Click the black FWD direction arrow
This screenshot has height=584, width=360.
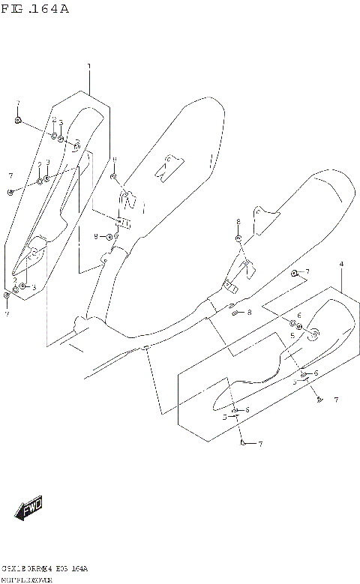(x=29, y=511)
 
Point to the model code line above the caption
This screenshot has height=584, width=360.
(x=45, y=569)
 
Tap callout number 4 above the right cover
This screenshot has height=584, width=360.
(x=340, y=265)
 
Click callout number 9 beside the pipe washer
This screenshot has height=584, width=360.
(x=96, y=236)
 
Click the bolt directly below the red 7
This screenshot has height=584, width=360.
(x=17, y=119)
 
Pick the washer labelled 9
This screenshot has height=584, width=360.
(x=109, y=237)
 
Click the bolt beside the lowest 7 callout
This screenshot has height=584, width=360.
(x=243, y=444)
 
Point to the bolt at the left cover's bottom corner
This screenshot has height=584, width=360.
(x=7, y=295)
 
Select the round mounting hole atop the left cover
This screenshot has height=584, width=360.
(x=76, y=145)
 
